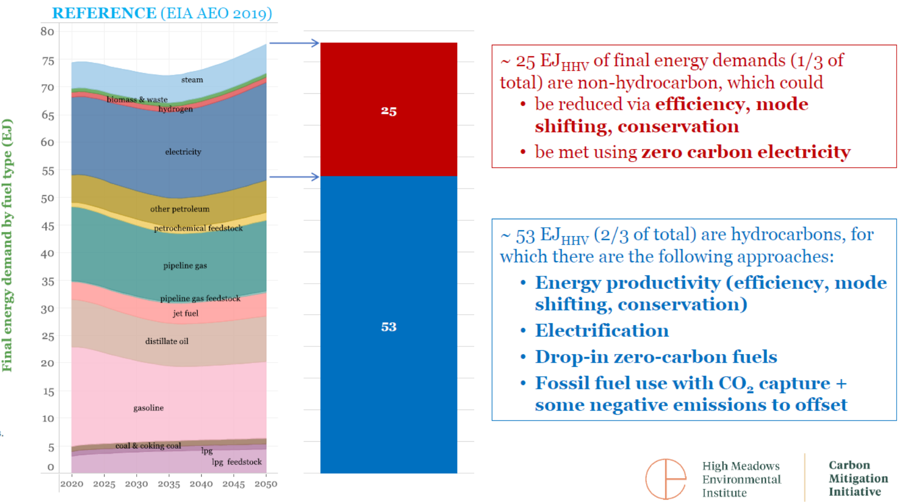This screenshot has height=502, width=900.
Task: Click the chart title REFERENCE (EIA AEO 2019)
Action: point(162,13)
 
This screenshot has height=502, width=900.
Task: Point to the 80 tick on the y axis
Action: point(47,32)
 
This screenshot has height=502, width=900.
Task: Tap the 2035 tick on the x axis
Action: point(169,484)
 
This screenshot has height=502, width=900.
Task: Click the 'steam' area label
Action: point(192,80)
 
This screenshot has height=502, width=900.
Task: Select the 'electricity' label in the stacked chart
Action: point(183,152)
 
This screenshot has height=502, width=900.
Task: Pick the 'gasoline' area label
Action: point(148,408)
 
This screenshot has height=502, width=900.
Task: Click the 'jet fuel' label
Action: point(186,313)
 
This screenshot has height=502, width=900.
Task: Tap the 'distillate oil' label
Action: point(167,341)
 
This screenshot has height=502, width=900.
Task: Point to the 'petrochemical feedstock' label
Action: point(198,228)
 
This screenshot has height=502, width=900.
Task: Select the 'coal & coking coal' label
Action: point(148,446)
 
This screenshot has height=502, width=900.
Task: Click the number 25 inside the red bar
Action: point(389,111)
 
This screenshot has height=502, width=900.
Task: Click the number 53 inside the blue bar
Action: point(389,327)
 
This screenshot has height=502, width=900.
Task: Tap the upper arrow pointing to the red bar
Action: point(294,43)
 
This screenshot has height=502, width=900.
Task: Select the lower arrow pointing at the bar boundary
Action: point(294,177)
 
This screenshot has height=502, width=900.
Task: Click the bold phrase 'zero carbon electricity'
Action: point(746,152)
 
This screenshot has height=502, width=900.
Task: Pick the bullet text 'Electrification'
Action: point(602,331)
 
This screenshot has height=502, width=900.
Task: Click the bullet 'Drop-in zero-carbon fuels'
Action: point(656,357)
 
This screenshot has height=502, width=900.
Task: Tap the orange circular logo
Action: point(665,479)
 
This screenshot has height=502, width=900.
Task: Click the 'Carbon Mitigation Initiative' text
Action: point(858,478)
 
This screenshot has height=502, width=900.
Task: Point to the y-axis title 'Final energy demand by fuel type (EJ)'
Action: point(7,245)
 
